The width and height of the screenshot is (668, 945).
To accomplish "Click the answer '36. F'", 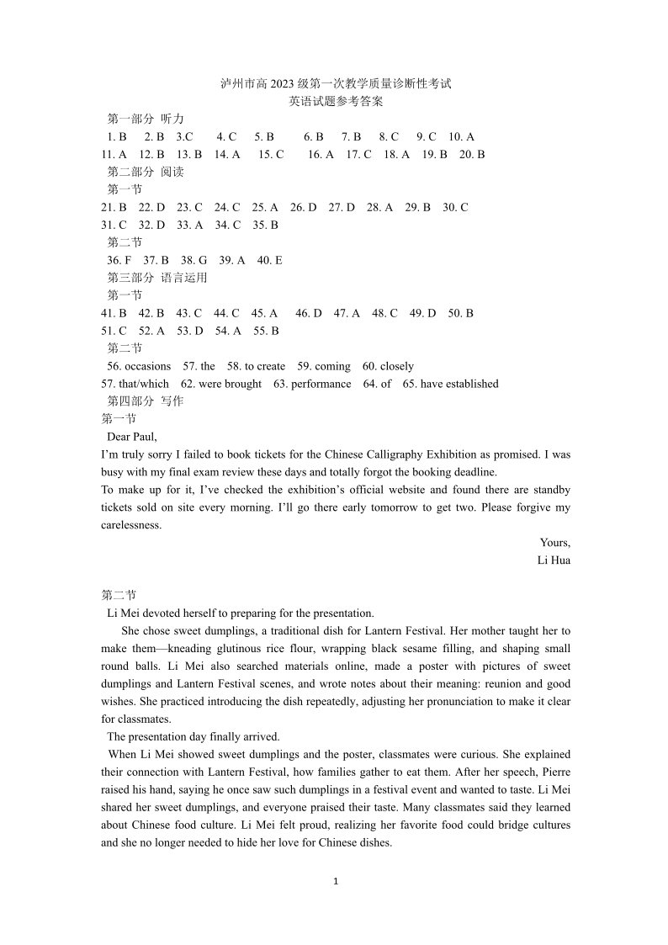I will (x=119, y=260).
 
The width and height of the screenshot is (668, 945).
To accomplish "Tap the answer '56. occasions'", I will (x=139, y=366).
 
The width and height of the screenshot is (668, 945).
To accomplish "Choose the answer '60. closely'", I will (x=388, y=366).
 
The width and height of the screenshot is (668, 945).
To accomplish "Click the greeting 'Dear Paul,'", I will (x=132, y=437).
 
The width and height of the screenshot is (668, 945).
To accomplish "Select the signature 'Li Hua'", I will (x=554, y=560).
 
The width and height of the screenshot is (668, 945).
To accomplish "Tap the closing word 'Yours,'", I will (x=555, y=543).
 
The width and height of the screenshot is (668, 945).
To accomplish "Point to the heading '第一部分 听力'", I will (x=146, y=119).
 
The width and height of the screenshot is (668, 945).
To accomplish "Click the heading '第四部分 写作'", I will (x=146, y=401).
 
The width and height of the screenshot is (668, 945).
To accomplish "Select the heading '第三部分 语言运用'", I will (x=157, y=278).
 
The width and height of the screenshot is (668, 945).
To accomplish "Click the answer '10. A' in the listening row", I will (x=462, y=136).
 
